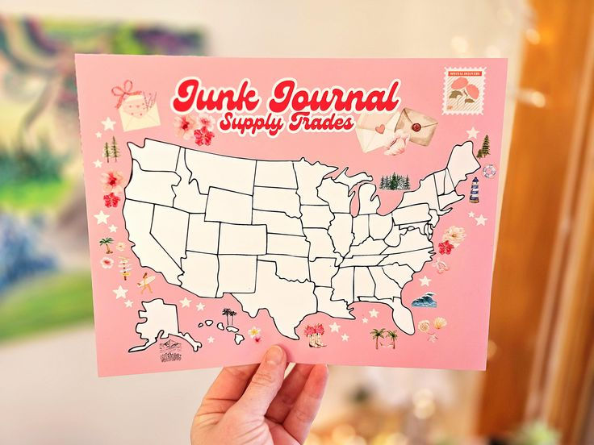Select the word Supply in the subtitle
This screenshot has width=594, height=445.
pos(250,123)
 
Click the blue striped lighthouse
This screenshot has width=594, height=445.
pos(475,190)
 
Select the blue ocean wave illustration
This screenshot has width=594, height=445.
pos(425,301)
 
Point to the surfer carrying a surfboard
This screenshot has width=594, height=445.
pos(146,282)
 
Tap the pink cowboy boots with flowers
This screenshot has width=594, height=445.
pos(314,335)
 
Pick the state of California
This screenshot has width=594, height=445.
pos(142,234)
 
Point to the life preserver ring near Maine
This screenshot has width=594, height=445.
pos(489,171)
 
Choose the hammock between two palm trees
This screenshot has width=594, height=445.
pos(384,338)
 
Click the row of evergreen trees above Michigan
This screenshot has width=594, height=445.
pos(394,181)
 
